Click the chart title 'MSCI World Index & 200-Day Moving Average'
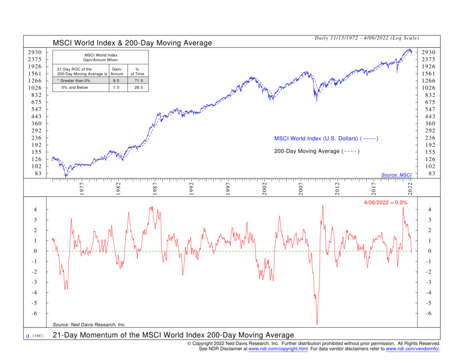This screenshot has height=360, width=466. point(132,43)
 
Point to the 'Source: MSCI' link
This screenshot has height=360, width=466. point(396,175)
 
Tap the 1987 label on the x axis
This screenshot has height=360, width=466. point(155,190)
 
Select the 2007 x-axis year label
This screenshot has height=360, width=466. point(301,190)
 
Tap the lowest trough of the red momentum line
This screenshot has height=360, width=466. point(317,325)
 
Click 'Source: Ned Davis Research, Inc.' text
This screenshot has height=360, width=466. point(89,325)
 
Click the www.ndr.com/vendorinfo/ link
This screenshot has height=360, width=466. point(412,349)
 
